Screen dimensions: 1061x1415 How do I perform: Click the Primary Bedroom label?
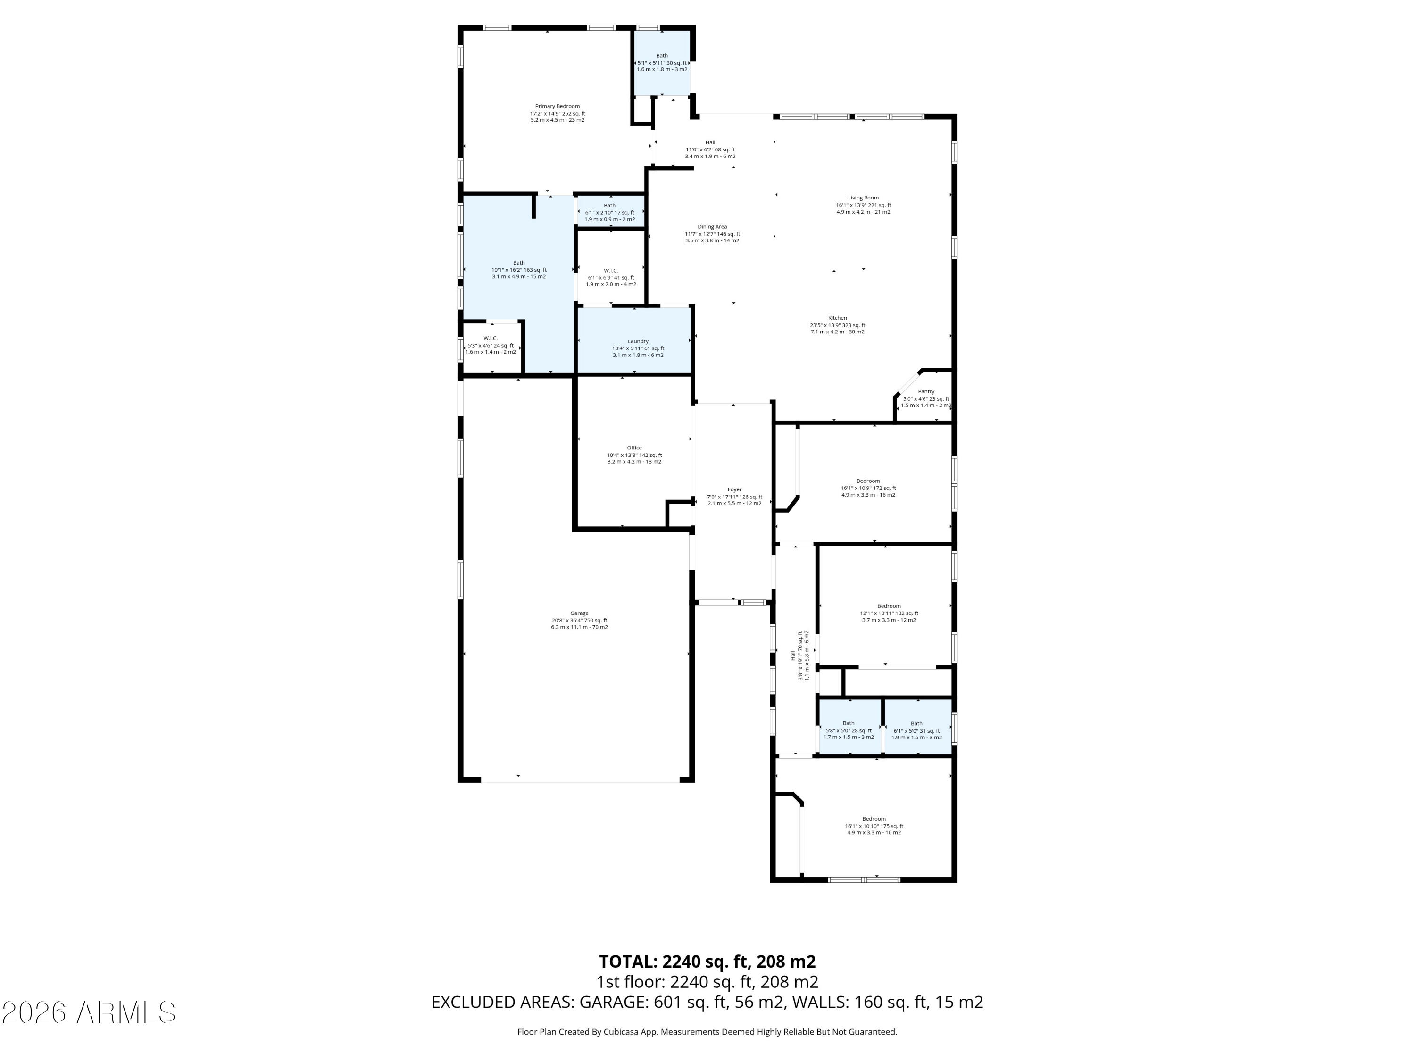pos(557,106)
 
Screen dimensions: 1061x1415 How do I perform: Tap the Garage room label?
pos(579,613)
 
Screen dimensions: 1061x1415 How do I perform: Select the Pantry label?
pos(925,391)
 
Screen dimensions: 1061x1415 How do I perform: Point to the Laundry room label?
pos(638,341)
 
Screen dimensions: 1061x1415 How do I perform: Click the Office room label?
pos(634,448)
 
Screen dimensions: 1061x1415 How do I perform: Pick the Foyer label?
pos(734,490)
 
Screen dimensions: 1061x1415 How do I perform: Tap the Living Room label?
pos(863,198)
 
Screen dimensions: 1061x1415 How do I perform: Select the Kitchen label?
pos(837,318)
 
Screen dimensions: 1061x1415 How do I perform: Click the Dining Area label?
pos(712,227)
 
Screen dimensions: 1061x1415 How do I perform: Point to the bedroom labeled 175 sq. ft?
pos(874,819)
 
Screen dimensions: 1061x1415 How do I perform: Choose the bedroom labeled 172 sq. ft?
pos(868,481)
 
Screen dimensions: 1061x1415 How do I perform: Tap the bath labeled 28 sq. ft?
pos(848,723)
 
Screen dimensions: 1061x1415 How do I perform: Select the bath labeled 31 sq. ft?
pos(916,724)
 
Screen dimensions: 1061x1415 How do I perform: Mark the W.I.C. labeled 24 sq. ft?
pos(491,338)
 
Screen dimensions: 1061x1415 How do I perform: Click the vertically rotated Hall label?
pos(792,655)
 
